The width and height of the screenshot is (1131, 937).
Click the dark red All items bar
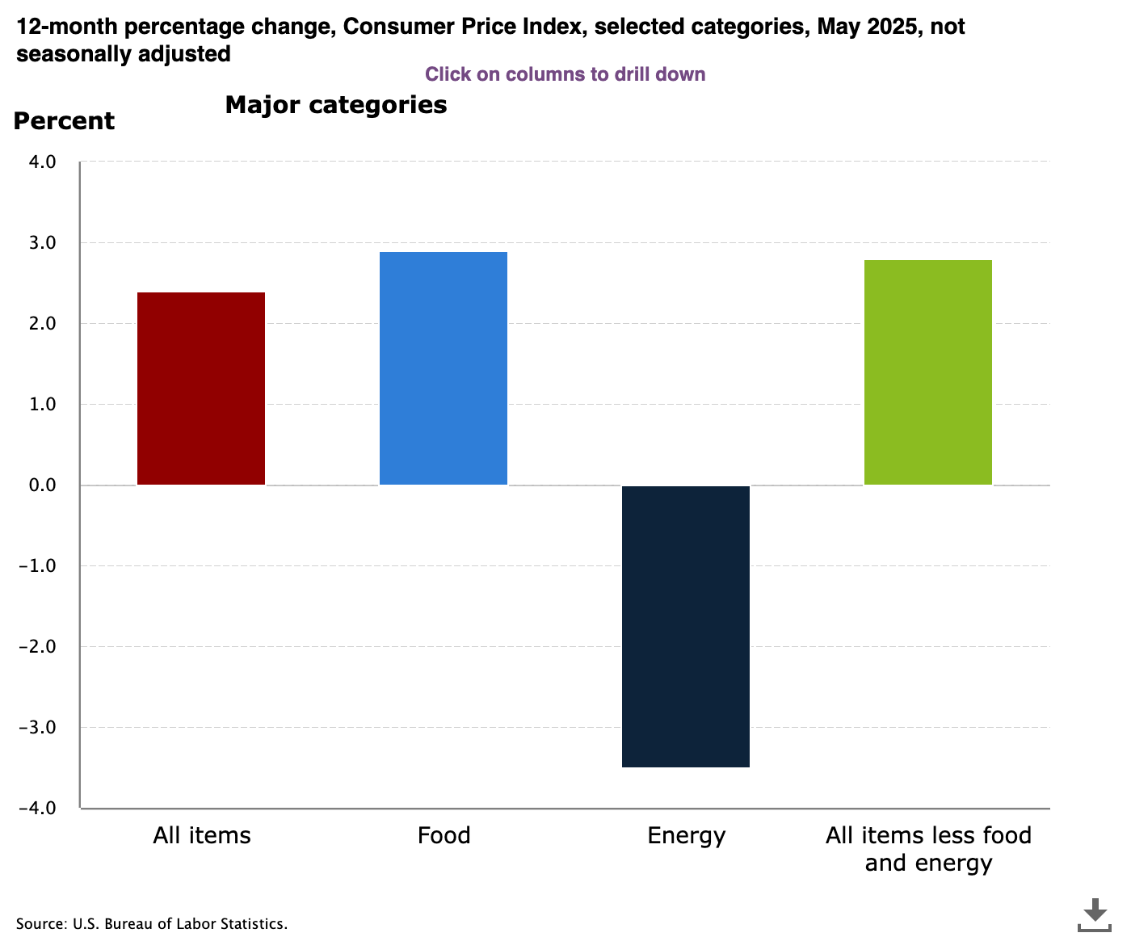[201, 389]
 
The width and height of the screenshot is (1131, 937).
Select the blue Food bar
[444, 368]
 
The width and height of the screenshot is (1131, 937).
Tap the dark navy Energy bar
[686, 626]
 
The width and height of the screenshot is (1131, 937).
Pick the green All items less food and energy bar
[928, 372]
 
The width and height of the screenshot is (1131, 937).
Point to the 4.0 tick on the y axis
[43, 162]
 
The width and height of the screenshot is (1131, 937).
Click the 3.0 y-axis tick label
[43, 243]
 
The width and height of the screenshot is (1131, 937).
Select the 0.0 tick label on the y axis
[43, 485]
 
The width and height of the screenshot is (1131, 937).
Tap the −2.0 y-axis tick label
[38, 647]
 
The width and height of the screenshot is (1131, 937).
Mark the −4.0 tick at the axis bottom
[38, 809]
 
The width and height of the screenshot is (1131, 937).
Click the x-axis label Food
[444, 835]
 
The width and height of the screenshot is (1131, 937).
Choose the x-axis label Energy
[686, 835]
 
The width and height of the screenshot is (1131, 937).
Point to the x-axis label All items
[202, 835]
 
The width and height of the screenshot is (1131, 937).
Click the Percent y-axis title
[65, 121]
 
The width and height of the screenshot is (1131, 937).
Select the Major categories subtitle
[336, 105]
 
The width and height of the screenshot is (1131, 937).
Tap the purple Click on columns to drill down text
[565, 74]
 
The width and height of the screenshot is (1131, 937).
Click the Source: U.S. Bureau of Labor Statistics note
[152, 924]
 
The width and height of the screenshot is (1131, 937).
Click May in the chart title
[838, 27]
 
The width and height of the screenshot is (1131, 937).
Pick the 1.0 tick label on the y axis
[43, 405]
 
